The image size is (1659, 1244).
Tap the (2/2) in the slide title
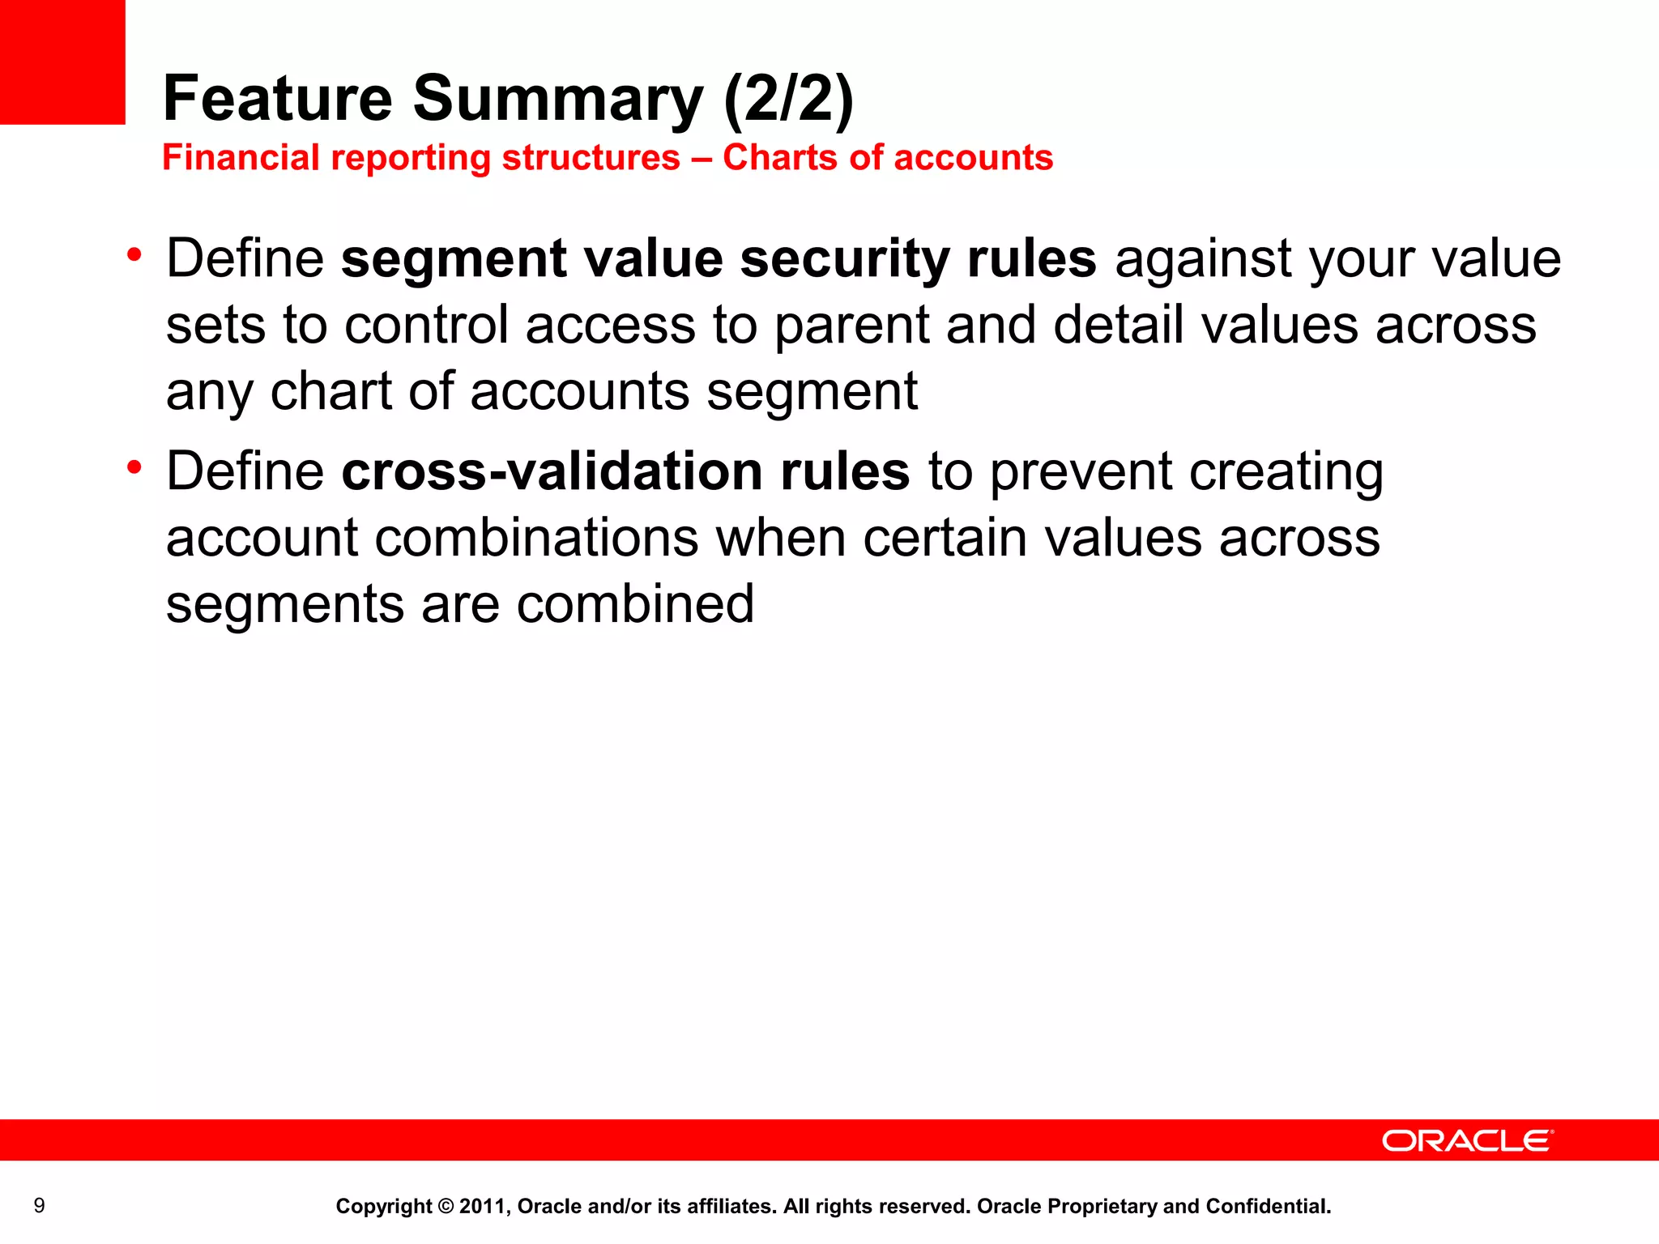tap(788, 98)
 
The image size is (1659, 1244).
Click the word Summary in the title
tap(558, 98)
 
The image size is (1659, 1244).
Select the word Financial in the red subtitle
tap(241, 157)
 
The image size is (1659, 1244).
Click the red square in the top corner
tap(62, 62)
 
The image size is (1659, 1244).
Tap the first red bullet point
tap(134, 256)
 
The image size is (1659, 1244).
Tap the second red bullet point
tap(134, 467)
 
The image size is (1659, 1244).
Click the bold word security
tap(844, 259)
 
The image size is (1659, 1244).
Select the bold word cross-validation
tap(552, 471)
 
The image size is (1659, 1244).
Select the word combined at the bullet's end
tap(635, 604)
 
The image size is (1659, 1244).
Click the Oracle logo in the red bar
tap(1467, 1140)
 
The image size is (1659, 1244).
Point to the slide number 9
tap(39, 1206)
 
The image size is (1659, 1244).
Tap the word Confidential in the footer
tap(1267, 1206)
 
